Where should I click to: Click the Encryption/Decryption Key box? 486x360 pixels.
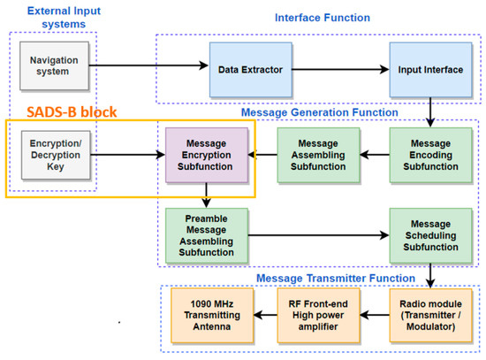49,156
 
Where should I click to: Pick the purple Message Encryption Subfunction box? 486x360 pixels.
206,156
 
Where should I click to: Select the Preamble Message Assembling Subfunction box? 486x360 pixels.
206,234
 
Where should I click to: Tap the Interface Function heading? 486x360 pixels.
323,17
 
